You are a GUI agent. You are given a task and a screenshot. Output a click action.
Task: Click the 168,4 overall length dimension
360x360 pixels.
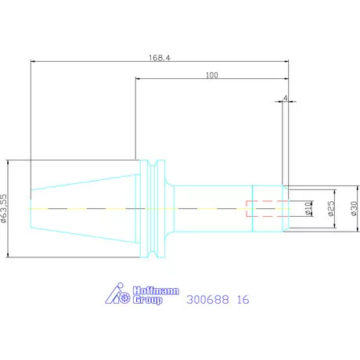click(x=160, y=58)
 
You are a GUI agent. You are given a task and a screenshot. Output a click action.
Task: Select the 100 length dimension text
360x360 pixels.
click(x=212, y=75)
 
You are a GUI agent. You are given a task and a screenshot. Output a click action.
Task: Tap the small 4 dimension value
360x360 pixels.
click(x=286, y=98)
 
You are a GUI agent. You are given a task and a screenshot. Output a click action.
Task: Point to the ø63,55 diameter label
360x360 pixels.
click(x=4, y=208)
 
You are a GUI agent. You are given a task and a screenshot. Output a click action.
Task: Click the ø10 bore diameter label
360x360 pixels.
click(x=308, y=208)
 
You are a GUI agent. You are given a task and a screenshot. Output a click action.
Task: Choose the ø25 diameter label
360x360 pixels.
click(x=331, y=208)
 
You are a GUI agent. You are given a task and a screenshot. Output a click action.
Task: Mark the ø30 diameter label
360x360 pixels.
click(x=354, y=208)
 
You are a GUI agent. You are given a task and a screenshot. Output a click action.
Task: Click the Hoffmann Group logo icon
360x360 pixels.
click(x=117, y=293)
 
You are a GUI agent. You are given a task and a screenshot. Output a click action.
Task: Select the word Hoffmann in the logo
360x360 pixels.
click(x=156, y=290)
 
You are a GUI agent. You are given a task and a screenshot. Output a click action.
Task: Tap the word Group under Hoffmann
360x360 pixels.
click(x=148, y=300)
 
